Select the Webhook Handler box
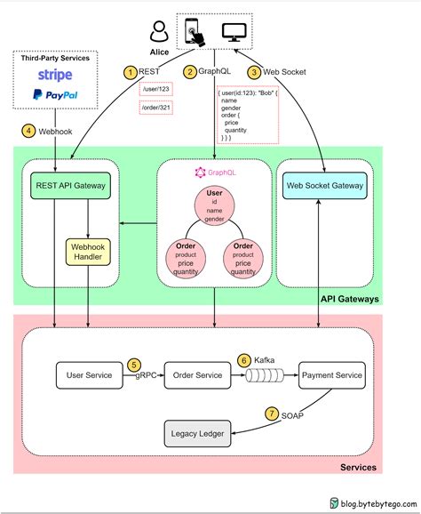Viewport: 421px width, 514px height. [87, 251]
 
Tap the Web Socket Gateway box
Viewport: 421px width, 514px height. [326, 186]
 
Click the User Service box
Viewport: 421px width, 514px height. [89, 375]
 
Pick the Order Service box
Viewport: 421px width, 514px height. [197, 375]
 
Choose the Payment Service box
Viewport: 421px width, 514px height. [330, 375]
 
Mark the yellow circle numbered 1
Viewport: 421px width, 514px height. [131, 72]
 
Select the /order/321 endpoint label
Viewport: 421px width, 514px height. [156, 108]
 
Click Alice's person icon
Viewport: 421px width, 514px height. [160, 32]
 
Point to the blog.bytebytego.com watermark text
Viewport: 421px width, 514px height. [375, 502]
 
